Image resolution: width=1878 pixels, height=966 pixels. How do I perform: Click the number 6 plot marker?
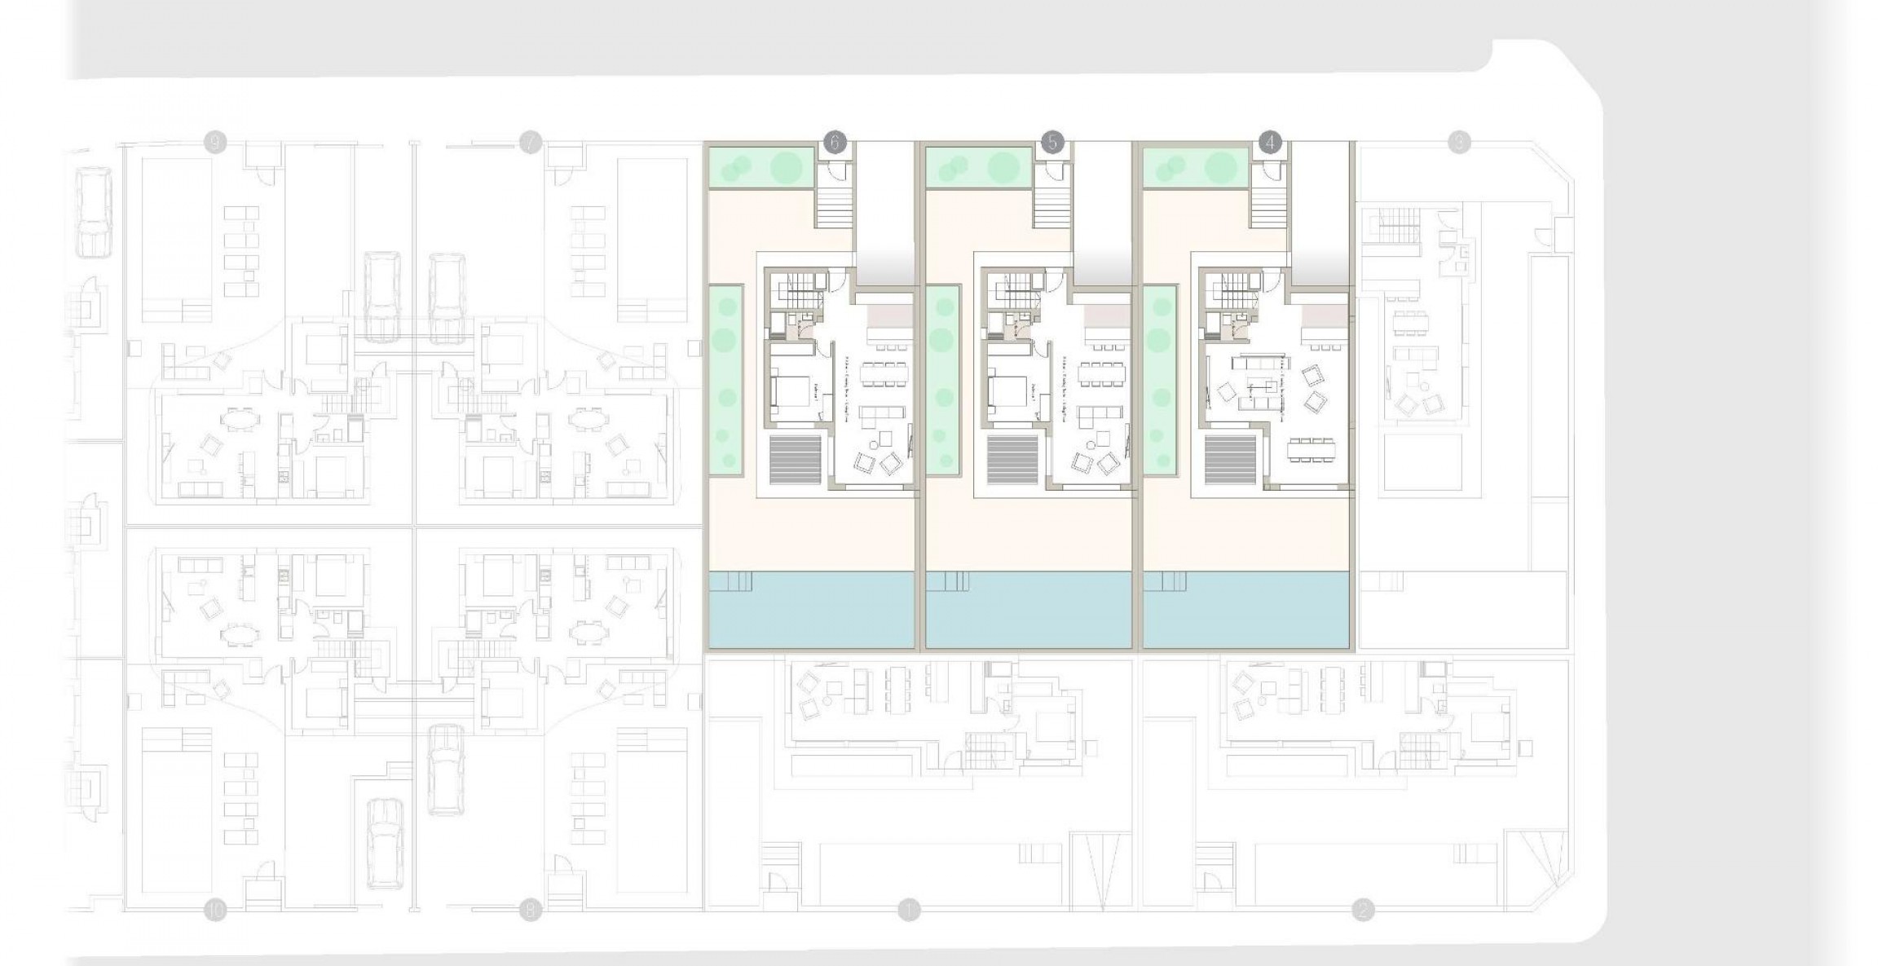pyautogui.click(x=835, y=143)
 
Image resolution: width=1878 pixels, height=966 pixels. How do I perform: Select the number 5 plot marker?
pyautogui.click(x=1052, y=143)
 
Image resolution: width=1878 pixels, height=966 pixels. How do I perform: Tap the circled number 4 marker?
pyautogui.click(x=1270, y=143)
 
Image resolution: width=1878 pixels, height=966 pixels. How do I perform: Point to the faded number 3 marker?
pyautogui.click(x=1459, y=143)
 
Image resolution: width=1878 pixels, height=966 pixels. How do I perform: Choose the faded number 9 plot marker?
pyautogui.click(x=214, y=143)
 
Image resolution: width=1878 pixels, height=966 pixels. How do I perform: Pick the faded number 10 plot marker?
pyautogui.click(x=214, y=910)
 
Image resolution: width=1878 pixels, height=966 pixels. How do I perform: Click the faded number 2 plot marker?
pyautogui.click(x=1362, y=910)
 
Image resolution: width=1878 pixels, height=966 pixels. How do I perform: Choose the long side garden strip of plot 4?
pyautogui.click(x=1161, y=379)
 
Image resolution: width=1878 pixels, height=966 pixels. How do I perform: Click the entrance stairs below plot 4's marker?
pyautogui.click(x=1267, y=205)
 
